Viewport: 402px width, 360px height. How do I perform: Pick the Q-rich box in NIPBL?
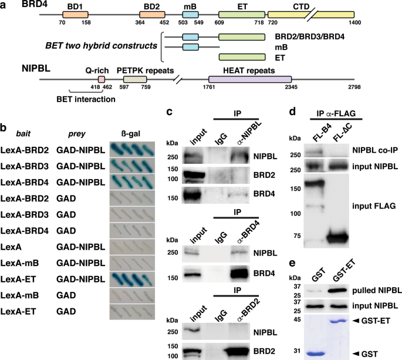[101, 79]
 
